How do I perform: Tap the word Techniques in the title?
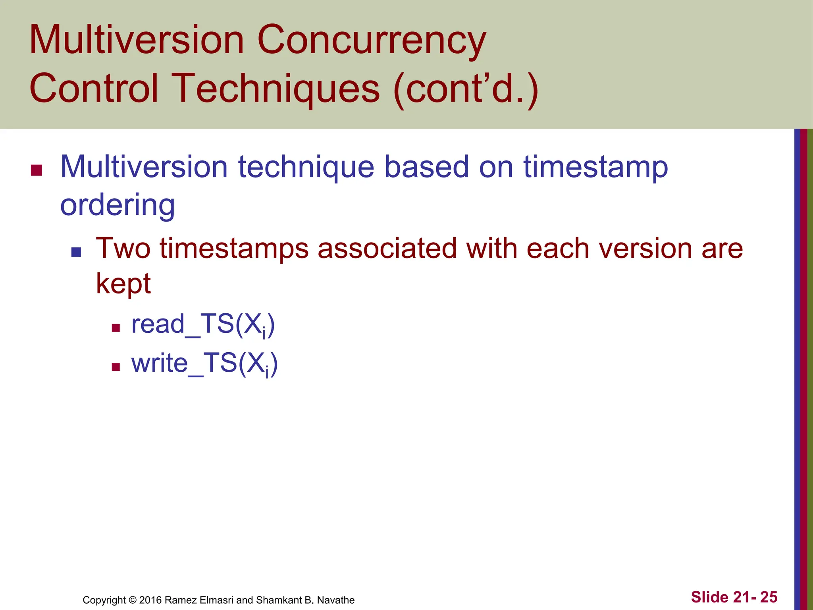277,88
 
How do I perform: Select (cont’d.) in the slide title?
466,88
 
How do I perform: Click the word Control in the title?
94,88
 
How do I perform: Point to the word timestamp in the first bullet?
595,168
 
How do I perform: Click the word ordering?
118,205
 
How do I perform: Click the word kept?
123,284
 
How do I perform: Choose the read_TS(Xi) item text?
203,325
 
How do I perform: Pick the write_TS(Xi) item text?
204,364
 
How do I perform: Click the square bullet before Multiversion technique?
37,170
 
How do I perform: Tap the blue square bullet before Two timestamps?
76,252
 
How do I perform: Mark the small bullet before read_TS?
116,328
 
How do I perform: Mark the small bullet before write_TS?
116,367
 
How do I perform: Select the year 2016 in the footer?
150,600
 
